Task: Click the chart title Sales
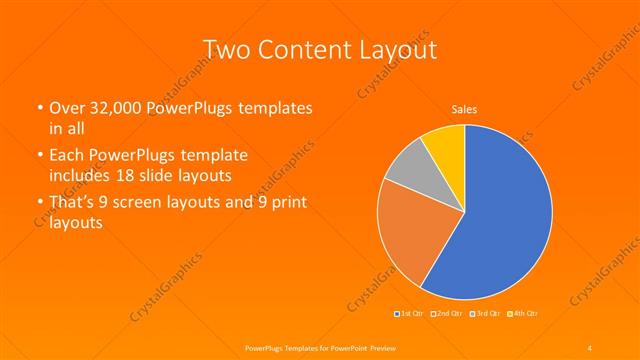coord(464,109)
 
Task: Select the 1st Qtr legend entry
coord(409,315)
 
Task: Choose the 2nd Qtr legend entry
coord(447,315)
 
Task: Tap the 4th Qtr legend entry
coord(523,315)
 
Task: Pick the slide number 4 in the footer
coord(589,347)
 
